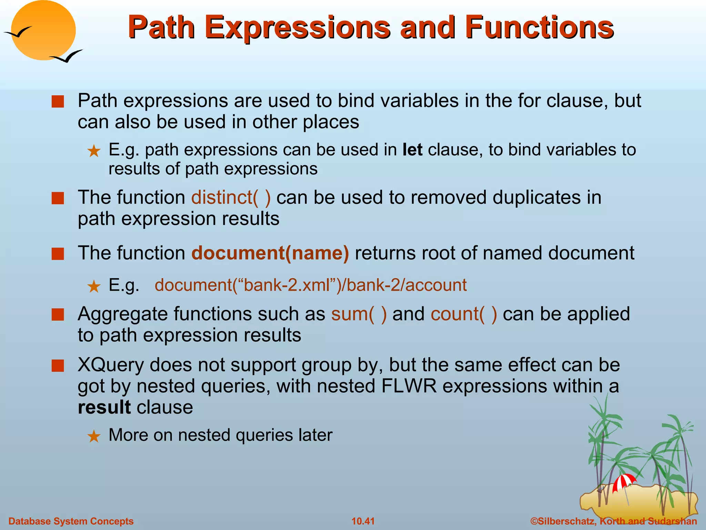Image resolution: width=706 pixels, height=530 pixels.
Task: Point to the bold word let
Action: click(x=412, y=150)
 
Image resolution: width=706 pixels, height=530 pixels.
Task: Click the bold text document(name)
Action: click(x=270, y=253)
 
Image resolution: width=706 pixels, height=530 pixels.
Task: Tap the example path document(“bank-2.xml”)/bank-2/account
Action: click(x=310, y=285)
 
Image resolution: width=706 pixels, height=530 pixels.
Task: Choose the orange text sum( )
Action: click(x=359, y=314)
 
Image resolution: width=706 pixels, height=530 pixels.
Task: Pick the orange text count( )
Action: click(x=464, y=314)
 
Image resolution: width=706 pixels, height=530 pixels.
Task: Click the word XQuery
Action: click(x=110, y=365)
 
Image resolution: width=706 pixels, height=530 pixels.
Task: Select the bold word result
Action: click(x=104, y=407)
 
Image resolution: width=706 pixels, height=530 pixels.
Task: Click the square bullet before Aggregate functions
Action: click(x=58, y=315)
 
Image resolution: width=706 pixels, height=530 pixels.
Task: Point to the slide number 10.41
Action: click(x=363, y=521)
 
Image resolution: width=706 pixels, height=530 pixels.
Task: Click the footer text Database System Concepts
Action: click(x=71, y=521)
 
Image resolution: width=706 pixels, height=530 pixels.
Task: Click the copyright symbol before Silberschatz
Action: click(x=534, y=521)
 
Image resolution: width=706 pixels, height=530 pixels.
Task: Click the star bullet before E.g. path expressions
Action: click(x=94, y=151)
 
